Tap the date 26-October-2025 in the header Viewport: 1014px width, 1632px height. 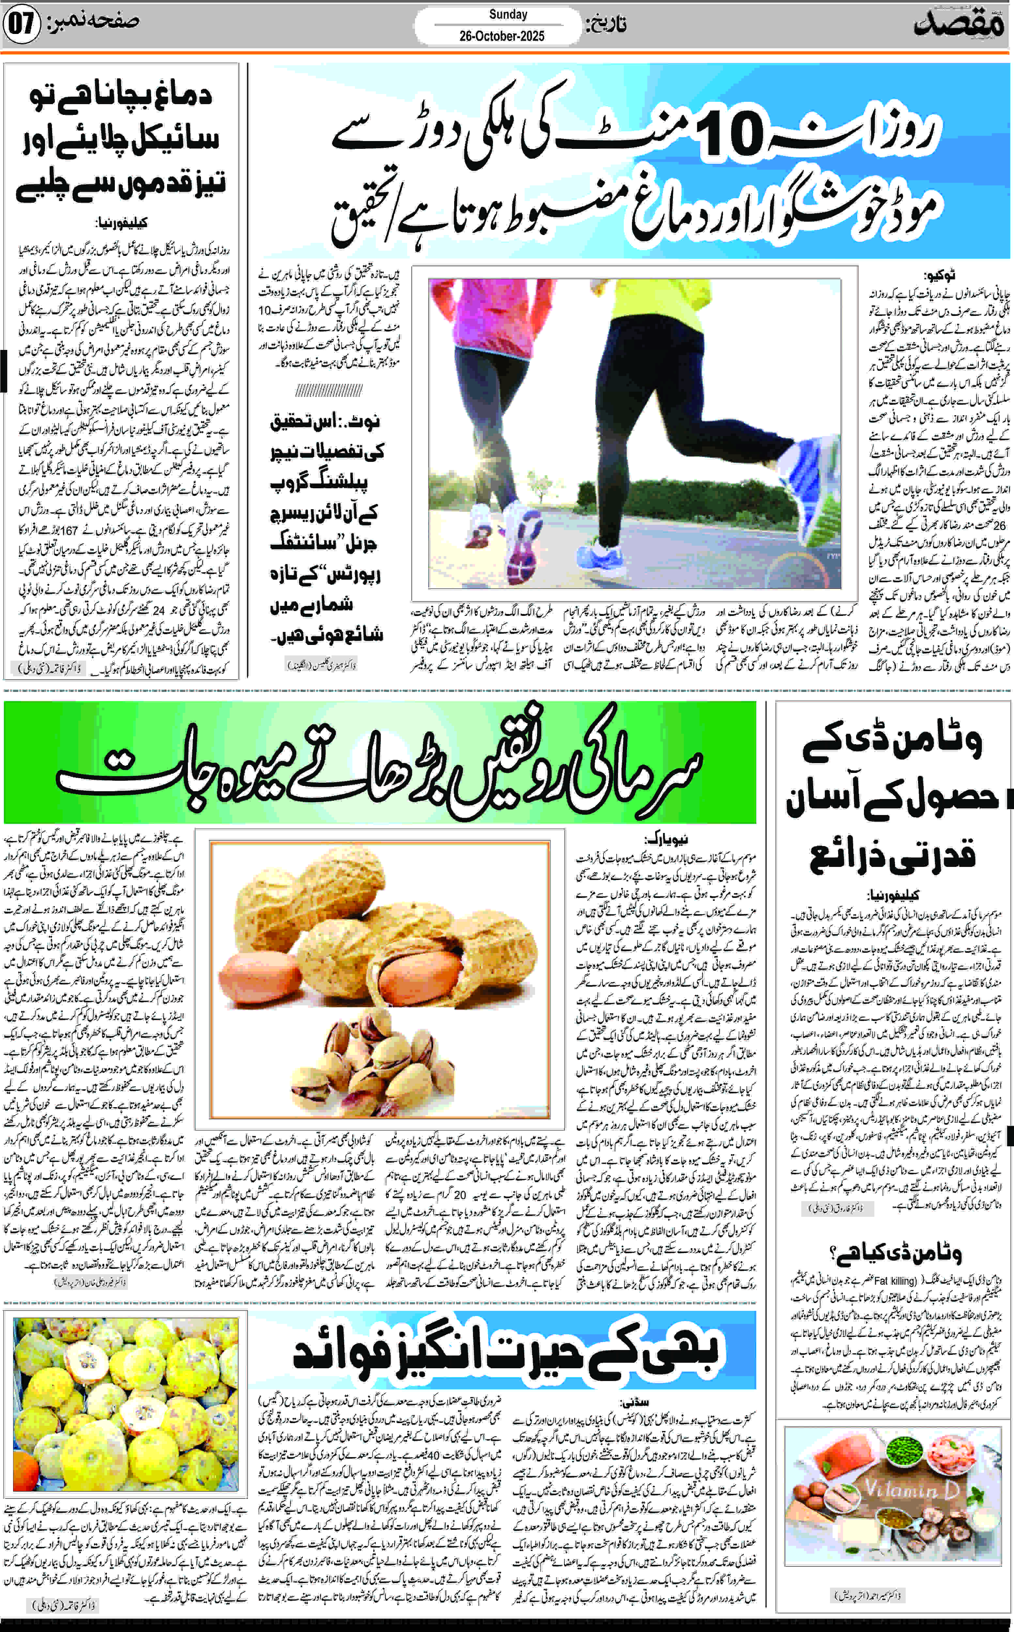pyautogui.click(x=502, y=36)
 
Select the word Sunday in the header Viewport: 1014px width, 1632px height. pyautogui.click(x=508, y=14)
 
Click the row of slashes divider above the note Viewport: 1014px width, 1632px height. pyautogui.click(x=329, y=390)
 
